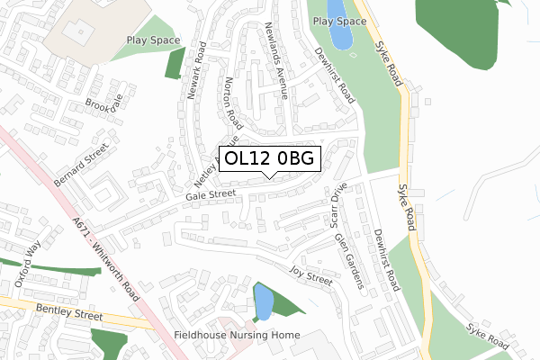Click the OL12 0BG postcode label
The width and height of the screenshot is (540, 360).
tap(270, 159)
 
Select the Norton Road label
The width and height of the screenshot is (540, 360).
tap(233, 102)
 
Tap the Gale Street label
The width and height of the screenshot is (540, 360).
tap(209, 194)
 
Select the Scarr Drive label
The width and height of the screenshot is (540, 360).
tap(337, 205)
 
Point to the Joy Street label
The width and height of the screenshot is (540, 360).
tap(310, 274)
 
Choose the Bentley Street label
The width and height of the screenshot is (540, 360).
tap(71, 314)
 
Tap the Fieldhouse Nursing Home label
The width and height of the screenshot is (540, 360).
tap(236, 335)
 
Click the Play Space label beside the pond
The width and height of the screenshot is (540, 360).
tap(339, 21)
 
